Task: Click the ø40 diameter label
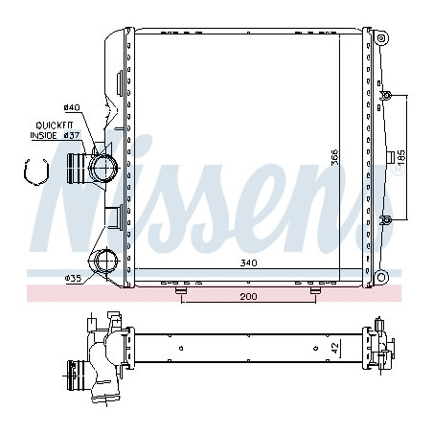72,107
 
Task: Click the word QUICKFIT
55,125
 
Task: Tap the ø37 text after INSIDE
71,135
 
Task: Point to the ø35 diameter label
73,279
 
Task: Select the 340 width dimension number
248,262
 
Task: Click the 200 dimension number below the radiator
248,297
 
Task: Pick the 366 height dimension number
334,157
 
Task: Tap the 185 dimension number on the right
401,157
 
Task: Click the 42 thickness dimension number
334,348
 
